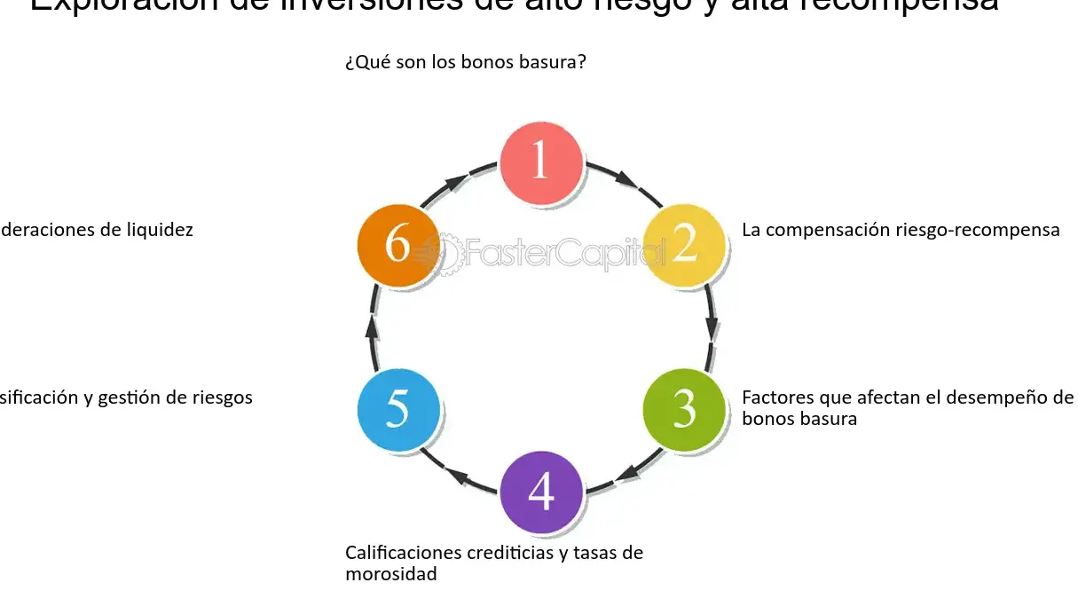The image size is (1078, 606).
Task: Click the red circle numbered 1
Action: click(540, 162)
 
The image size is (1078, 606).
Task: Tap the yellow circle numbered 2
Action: click(683, 245)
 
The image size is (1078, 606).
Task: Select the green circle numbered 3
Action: click(683, 408)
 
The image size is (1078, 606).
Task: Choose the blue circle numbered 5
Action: click(398, 408)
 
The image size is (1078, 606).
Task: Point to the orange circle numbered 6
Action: click(398, 245)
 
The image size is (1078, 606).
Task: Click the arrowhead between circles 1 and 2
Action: click(626, 181)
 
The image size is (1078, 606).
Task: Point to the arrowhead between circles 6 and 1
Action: click(455, 181)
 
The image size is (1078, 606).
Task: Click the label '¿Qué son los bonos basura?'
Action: click(466, 63)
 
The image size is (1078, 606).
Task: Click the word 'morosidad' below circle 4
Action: click(390, 574)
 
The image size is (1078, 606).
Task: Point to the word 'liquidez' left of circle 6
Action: click(160, 230)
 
